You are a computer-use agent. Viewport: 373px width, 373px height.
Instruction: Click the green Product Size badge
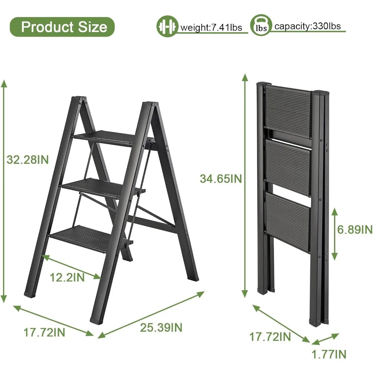[62, 27]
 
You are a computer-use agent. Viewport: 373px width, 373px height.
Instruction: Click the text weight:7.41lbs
[211, 28]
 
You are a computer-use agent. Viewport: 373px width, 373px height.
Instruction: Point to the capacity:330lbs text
[307, 26]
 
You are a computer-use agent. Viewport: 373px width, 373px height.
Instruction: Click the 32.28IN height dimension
[28, 160]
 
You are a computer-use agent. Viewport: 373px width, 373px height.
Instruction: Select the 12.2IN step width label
[68, 278]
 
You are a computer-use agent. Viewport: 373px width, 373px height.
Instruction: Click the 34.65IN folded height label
[221, 179]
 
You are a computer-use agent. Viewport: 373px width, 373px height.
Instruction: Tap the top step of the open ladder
[105, 137]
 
